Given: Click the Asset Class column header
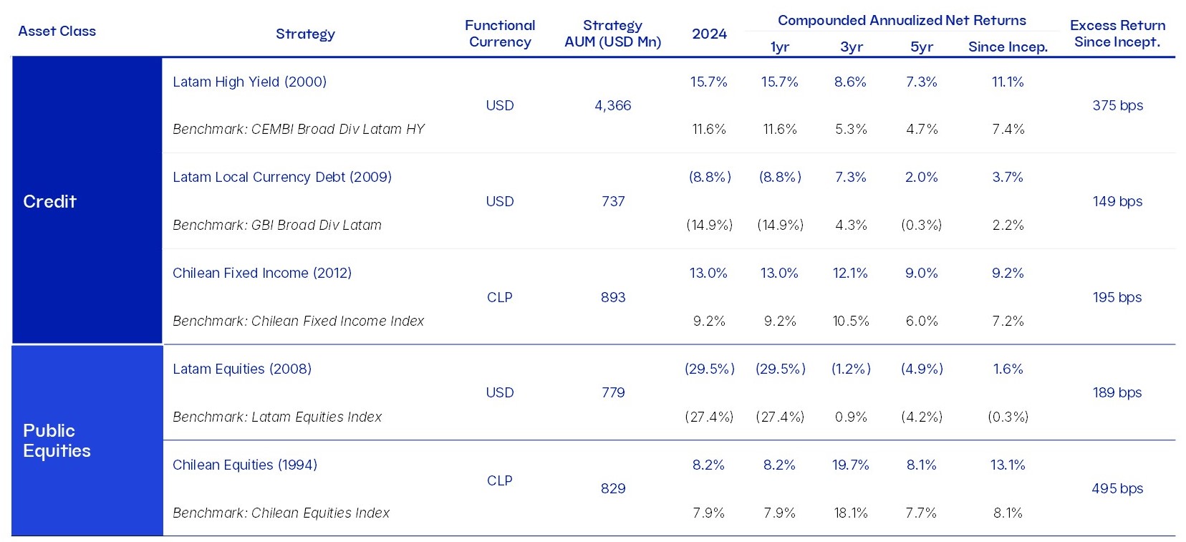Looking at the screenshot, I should point(57,31).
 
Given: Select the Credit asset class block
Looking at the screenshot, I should point(49,201).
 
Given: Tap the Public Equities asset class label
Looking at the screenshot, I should point(57,440).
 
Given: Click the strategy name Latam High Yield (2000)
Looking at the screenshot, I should point(249,82).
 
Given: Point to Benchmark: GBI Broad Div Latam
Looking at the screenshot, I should point(276,225).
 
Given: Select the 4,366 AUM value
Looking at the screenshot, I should point(612,105).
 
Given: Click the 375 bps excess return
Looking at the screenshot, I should point(1117,105).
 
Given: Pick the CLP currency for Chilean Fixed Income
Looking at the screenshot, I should point(499,297).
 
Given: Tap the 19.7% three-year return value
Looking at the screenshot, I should point(850,465).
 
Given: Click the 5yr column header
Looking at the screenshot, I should point(921,47).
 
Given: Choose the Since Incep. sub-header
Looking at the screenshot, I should point(1007,47).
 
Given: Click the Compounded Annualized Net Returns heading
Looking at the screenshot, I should point(902,20).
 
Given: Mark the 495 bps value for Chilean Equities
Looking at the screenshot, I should point(1117,488).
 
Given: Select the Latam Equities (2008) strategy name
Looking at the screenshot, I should point(241,369).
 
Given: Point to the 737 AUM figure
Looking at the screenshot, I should point(612,201).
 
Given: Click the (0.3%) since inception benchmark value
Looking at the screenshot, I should point(1007,417).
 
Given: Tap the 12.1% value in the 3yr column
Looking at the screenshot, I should point(850,273).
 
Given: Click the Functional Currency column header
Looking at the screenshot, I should point(499,33).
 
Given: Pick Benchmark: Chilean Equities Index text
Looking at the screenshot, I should point(281,513).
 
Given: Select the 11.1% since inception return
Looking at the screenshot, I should point(1007,82).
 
